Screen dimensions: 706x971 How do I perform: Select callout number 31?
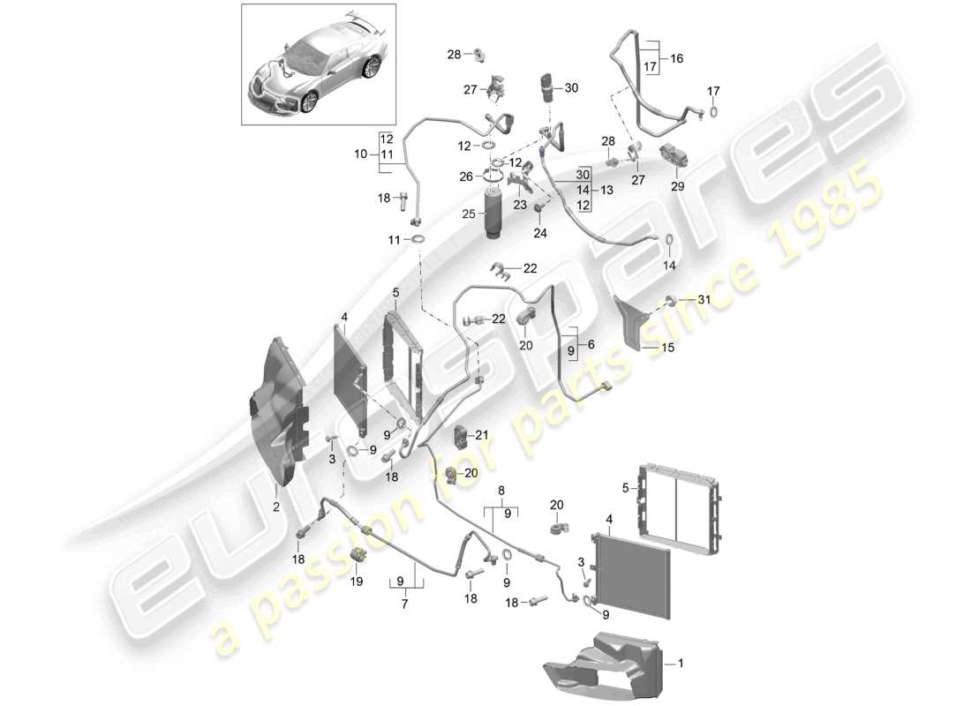704,301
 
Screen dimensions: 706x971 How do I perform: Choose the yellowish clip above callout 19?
359,554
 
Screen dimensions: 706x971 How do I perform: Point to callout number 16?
676,58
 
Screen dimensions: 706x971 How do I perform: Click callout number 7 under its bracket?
405,605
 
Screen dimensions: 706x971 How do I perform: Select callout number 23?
520,204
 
